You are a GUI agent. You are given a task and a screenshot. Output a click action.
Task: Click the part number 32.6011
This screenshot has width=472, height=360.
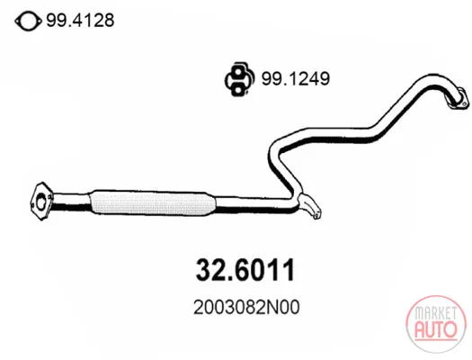(x=245, y=270)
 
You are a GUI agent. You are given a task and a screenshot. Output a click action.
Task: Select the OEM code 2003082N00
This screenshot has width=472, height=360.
(x=246, y=308)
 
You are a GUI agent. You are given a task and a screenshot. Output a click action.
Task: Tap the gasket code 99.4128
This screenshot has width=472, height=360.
(x=80, y=21)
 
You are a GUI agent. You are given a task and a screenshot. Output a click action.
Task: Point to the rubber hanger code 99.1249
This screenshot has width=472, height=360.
(x=296, y=78)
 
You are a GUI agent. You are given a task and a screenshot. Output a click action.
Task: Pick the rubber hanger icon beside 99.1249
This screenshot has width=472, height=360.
(x=239, y=80)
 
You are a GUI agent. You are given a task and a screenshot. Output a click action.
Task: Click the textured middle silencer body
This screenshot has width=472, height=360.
(x=152, y=203)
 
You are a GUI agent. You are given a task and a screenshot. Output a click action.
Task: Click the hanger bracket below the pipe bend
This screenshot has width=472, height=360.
(x=309, y=206)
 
